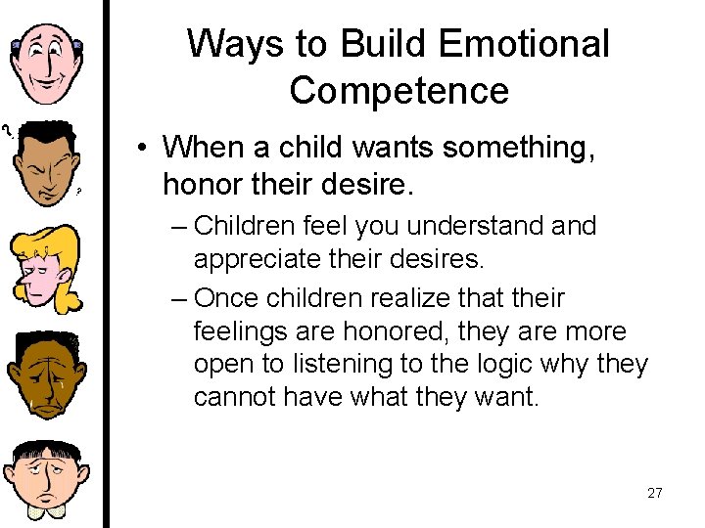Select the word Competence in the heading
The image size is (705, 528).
tap(399, 91)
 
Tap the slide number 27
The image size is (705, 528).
tap(655, 493)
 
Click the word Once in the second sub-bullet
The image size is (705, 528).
tap(228, 296)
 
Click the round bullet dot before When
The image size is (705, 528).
tap(143, 149)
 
